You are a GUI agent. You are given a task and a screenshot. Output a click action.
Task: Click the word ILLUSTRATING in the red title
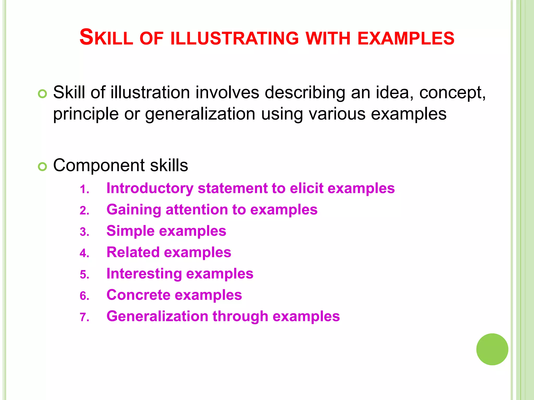(234, 38)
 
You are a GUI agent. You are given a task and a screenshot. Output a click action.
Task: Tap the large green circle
(492, 349)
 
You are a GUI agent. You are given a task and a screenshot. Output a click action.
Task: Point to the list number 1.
(84, 189)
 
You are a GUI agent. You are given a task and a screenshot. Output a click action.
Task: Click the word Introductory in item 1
(150, 188)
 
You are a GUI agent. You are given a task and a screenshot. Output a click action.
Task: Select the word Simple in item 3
(130, 231)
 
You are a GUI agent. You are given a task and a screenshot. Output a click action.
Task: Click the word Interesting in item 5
(144, 274)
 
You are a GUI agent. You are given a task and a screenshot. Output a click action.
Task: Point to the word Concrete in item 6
(138, 295)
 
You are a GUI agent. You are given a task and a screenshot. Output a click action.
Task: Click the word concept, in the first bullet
(452, 93)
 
